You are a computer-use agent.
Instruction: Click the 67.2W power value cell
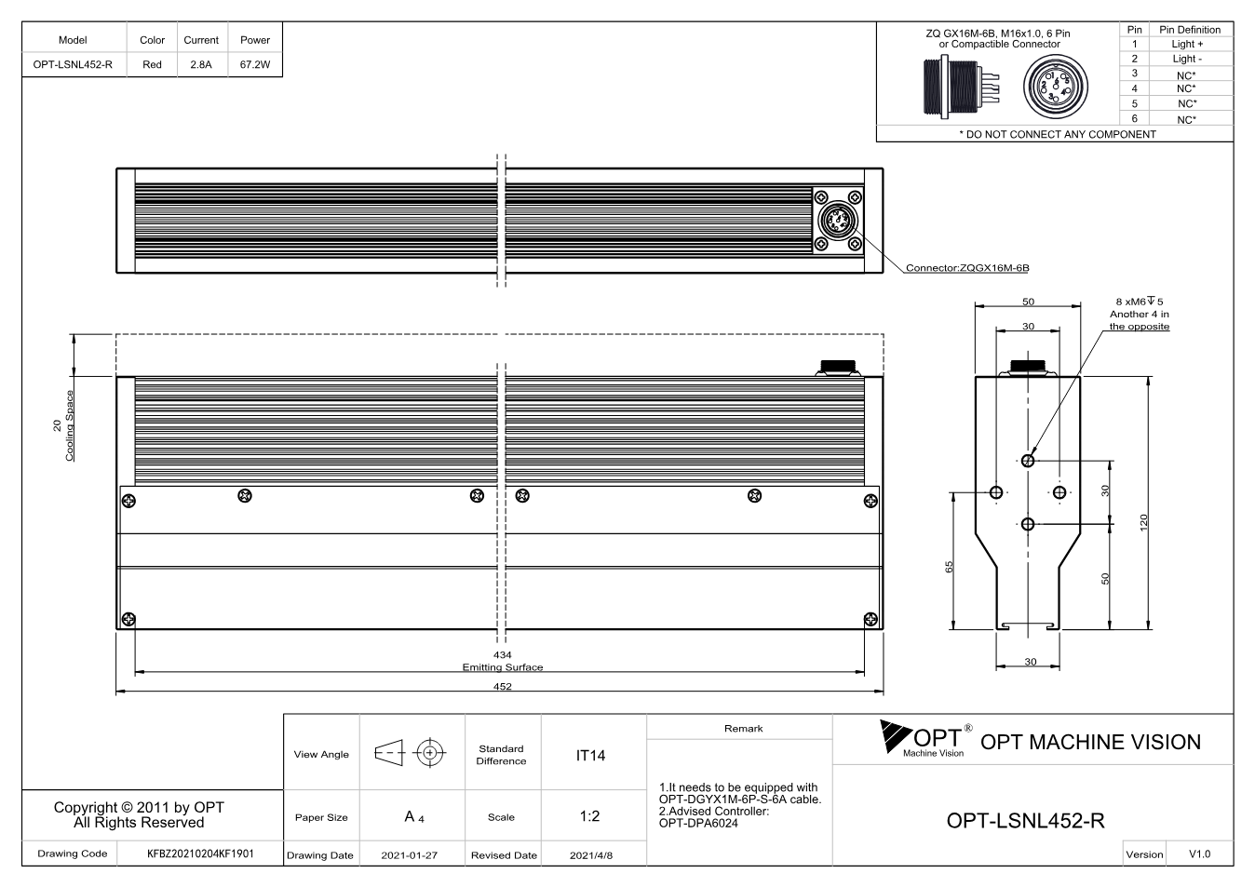point(255,64)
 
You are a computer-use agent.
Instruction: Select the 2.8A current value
point(201,64)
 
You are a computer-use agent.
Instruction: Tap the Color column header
point(153,40)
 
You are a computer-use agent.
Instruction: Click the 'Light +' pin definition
point(1187,44)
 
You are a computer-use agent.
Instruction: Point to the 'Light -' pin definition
point(1187,59)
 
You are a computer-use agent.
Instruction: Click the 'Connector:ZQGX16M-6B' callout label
point(967,268)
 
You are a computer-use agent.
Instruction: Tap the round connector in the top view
point(838,221)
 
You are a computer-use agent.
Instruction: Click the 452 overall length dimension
point(503,687)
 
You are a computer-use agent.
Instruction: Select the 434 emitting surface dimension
point(503,654)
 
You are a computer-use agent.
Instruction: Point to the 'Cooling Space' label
point(70,426)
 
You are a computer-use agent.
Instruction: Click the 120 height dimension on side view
point(1143,522)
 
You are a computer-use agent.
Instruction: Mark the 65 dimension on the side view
point(949,567)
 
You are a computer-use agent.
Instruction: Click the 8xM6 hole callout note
point(1139,315)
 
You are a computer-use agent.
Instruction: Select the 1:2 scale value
point(589,816)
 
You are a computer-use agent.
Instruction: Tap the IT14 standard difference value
point(590,756)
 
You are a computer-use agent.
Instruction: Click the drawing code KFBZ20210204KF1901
point(200,854)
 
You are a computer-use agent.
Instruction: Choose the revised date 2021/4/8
point(591,855)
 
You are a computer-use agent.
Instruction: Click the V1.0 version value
point(1199,854)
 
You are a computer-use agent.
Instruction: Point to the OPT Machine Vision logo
point(925,739)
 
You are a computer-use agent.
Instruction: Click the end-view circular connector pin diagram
point(1056,87)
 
